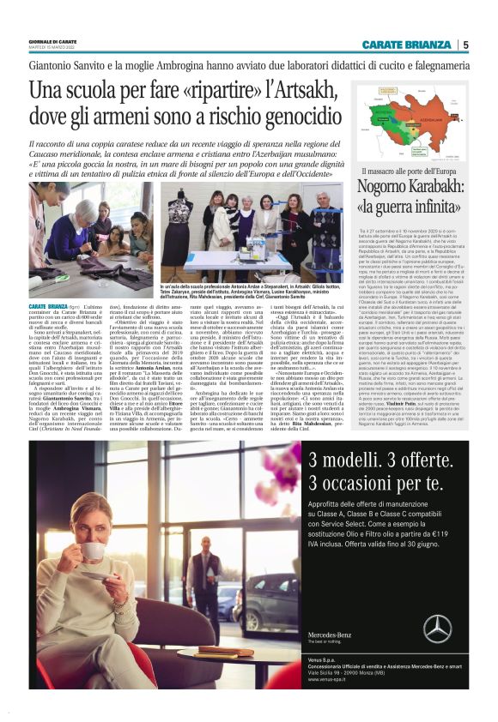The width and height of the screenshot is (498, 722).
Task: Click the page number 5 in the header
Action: click(x=465, y=45)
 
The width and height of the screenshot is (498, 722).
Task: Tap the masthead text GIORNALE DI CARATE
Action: click(x=51, y=40)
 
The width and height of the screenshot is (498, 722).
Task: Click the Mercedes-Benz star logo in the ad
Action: click(x=436, y=630)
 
